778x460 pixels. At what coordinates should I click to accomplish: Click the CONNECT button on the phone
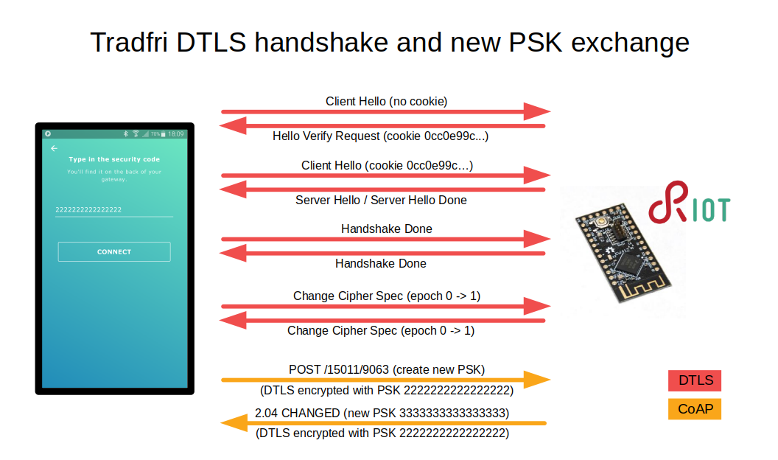(x=114, y=251)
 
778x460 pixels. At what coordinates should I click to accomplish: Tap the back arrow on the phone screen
(x=54, y=148)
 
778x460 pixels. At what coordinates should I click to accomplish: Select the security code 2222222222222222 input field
(x=113, y=210)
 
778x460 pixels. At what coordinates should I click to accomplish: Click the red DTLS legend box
(x=694, y=380)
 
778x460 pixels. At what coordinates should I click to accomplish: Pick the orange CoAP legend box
(x=694, y=409)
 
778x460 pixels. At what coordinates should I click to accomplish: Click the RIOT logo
(x=689, y=203)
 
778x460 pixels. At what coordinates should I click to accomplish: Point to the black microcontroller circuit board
(x=623, y=252)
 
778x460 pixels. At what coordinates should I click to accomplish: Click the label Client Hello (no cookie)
(x=387, y=101)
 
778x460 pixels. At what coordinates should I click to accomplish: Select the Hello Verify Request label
(x=381, y=136)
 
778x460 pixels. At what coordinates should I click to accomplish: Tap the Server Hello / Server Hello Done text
(x=381, y=200)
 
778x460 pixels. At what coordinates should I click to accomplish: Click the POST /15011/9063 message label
(x=387, y=369)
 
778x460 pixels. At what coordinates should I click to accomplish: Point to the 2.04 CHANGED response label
(x=382, y=413)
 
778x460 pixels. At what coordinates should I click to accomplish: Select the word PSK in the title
(x=536, y=42)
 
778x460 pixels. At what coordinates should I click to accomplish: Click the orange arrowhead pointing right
(x=537, y=380)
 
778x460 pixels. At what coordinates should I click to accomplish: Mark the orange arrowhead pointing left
(x=234, y=423)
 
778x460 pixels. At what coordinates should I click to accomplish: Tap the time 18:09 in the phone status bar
(x=175, y=134)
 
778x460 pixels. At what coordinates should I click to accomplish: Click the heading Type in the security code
(x=114, y=159)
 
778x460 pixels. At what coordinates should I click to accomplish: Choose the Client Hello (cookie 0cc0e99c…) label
(x=387, y=165)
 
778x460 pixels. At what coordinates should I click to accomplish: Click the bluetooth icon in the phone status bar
(x=125, y=134)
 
